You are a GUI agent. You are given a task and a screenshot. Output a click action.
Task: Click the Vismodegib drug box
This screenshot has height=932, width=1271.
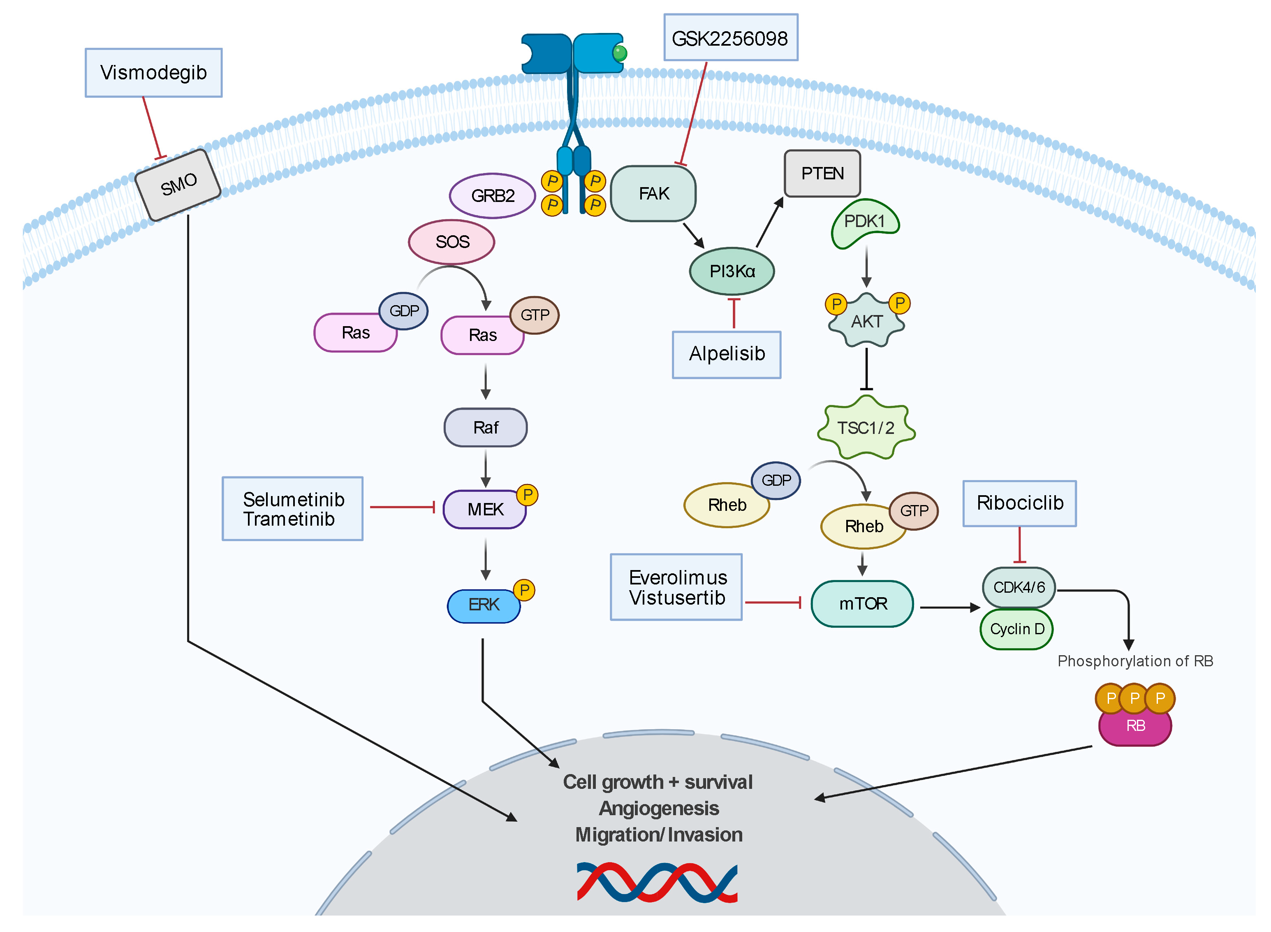(x=153, y=73)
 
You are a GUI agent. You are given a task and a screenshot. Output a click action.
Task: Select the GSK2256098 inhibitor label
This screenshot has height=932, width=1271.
(x=730, y=38)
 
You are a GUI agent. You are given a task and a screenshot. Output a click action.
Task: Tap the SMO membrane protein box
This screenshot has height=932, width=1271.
(x=178, y=185)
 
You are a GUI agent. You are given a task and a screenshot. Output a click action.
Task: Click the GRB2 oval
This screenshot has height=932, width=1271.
(x=492, y=196)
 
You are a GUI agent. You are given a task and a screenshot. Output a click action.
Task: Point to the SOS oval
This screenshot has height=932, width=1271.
(x=451, y=242)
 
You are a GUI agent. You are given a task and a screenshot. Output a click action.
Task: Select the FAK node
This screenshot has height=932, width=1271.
(x=653, y=193)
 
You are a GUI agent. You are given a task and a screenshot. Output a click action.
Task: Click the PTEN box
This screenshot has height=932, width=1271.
(x=822, y=173)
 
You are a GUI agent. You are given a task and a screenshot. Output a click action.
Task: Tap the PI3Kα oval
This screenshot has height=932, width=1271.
(x=732, y=271)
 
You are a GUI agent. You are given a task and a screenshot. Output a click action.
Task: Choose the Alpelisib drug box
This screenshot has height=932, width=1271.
(x=726, y=354)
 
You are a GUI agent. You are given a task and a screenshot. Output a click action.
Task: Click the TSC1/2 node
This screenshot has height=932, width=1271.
(x=865, y=428)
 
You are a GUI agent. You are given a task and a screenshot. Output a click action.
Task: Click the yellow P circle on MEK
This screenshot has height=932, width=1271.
(x=527, y=495)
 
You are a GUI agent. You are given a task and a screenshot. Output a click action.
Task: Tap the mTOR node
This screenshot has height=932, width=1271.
(x=861, y=604)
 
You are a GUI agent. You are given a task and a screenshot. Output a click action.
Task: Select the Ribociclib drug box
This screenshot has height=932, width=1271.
(x=1019, y=503)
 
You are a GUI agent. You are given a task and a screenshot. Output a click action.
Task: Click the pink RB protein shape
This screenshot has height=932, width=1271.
(x=1134, y=728)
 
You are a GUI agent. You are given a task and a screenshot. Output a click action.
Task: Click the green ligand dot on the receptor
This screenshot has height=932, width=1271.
(x=619, y=53)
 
